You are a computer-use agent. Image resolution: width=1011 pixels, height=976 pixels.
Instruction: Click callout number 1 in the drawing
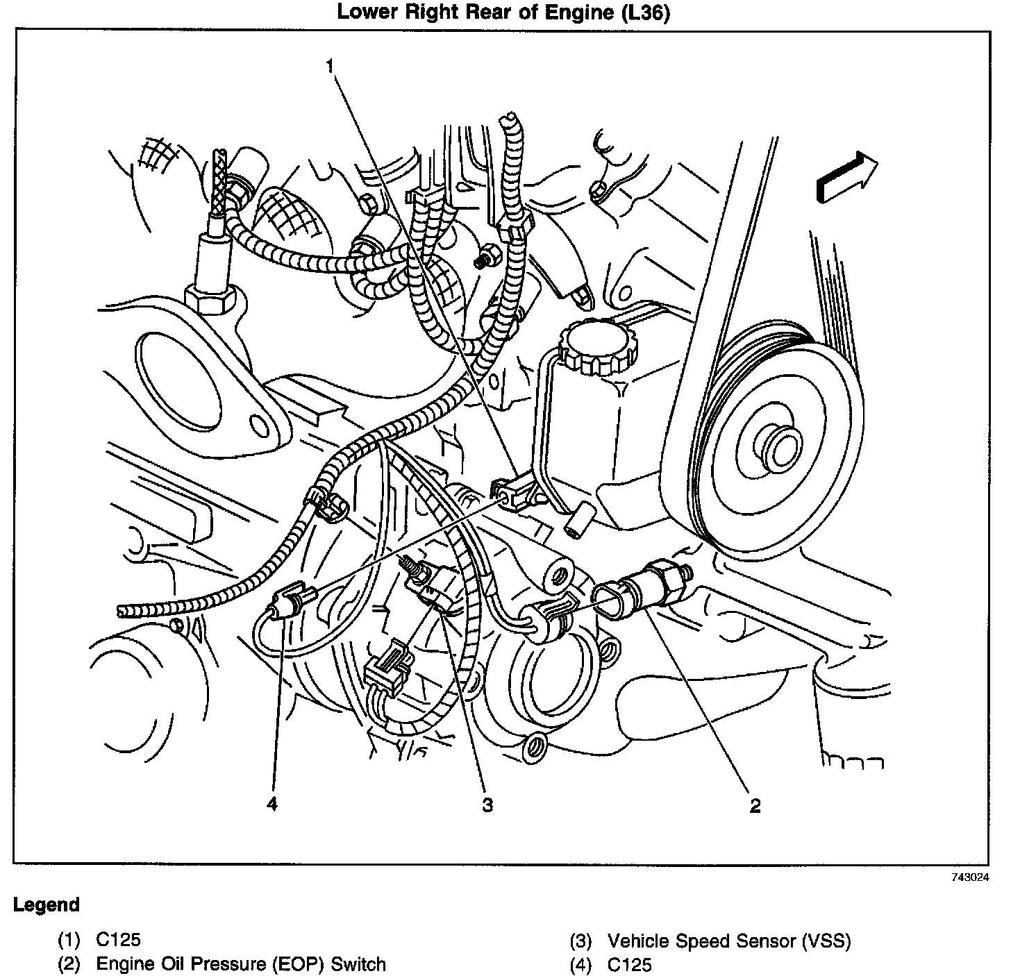click(x=331, y=66)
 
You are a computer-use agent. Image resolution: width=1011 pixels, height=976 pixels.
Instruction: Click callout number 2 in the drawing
click(x=755, y=805)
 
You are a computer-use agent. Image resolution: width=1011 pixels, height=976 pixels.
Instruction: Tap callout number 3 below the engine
click(x=487, y=805)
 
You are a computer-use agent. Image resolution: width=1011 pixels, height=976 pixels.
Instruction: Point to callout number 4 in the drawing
click(x=271, y=804)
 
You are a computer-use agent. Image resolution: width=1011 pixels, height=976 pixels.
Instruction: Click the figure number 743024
click(x=969, y=877)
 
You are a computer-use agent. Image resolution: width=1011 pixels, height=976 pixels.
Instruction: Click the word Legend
click(x=47, y=905)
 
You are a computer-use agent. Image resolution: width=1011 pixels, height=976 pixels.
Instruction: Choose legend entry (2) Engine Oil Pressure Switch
click(x=240, y=964)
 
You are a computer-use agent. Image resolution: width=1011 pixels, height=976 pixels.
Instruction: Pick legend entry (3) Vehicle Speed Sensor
click(x=728, y=941)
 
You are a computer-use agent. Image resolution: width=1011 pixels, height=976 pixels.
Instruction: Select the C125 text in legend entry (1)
click(x=118, y=940)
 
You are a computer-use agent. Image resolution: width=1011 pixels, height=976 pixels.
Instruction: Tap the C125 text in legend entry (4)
click(x=629, y=964)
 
